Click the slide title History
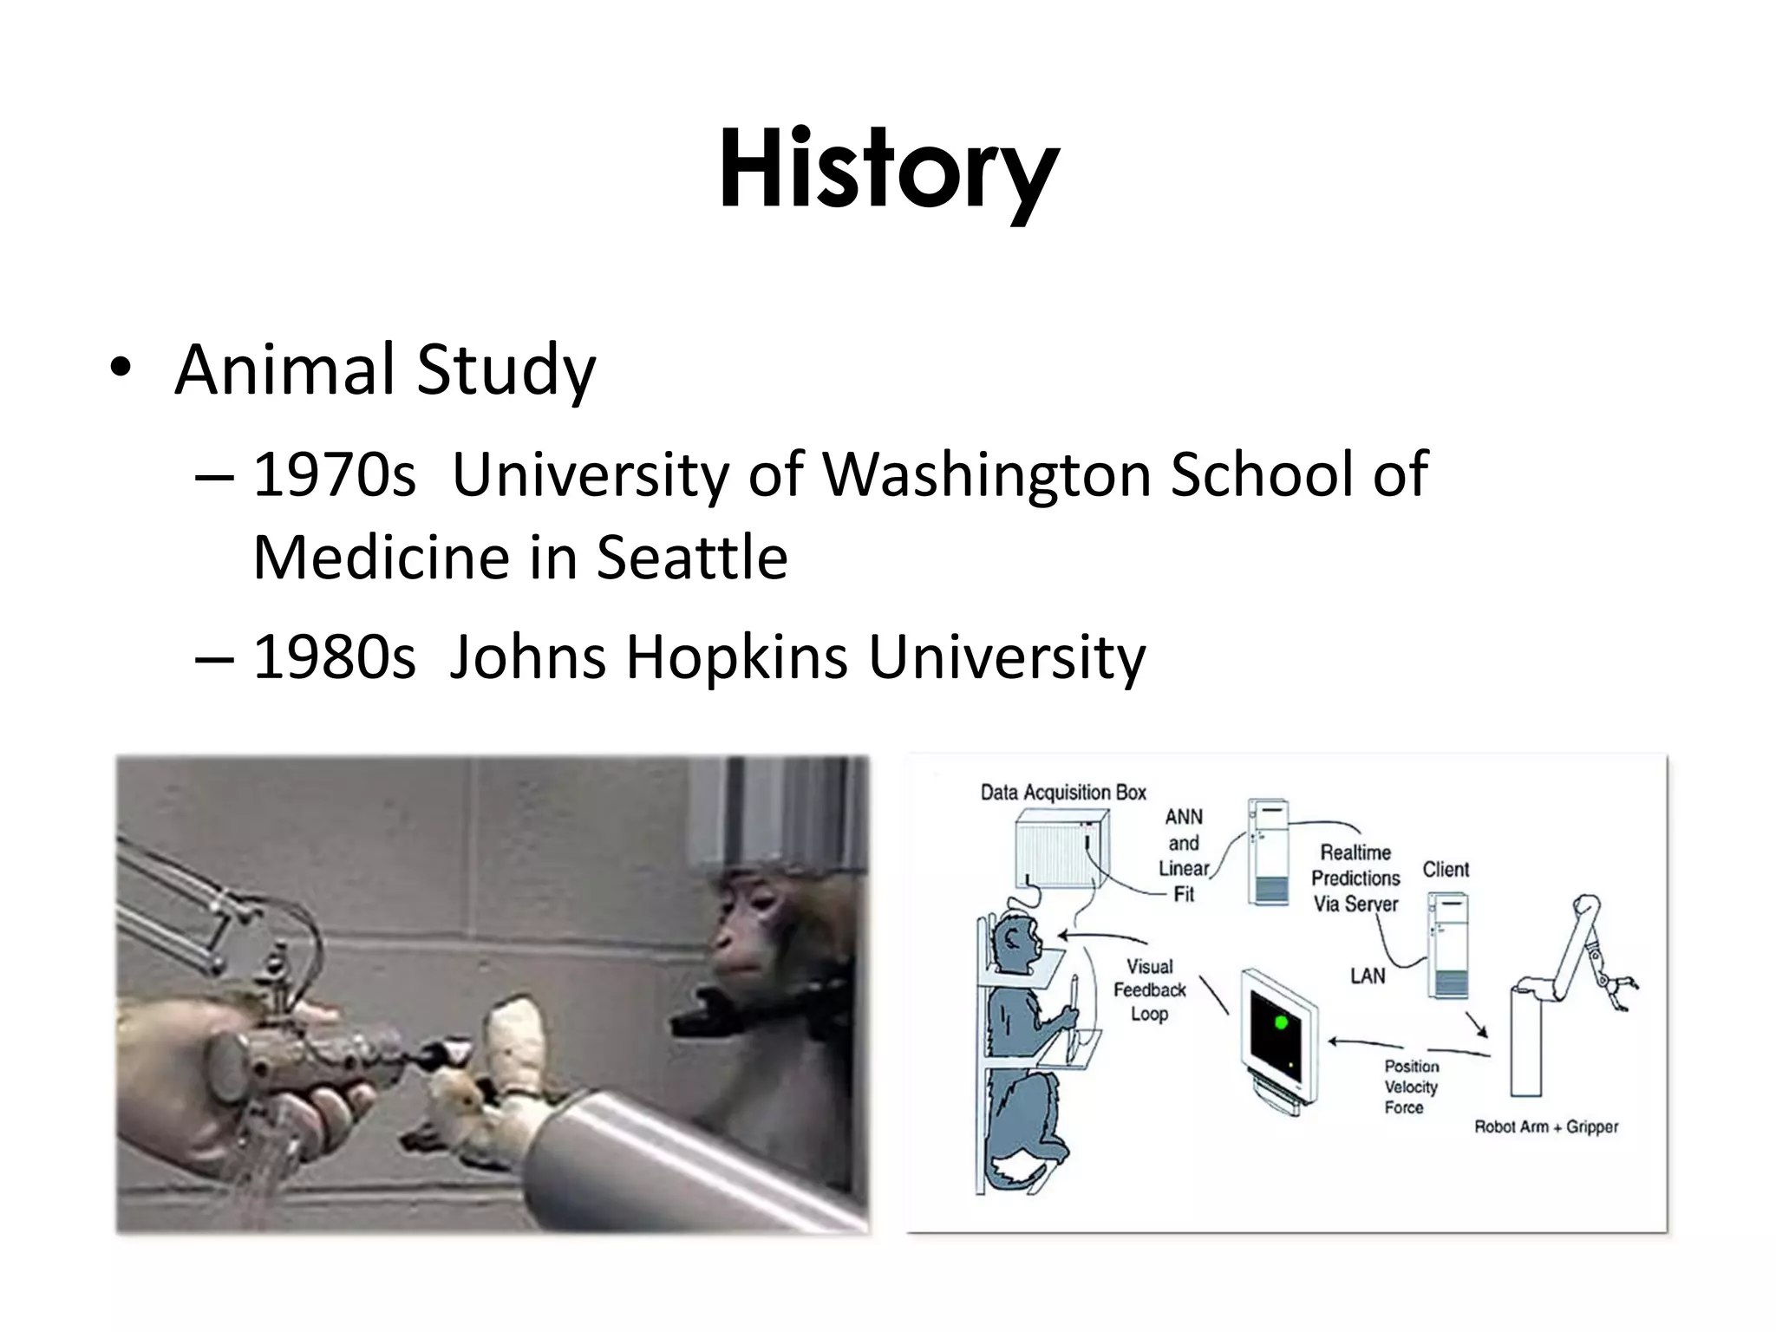point(888,169)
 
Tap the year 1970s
point(334,475)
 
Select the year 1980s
point(334,657)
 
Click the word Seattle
point(692,557)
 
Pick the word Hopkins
point(736,657)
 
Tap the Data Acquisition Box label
point(1063,792)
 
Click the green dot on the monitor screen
point(1280,1023)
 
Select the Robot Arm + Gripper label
point(1546,1126)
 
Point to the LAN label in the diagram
point(1368,976)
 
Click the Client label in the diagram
point(1446,869)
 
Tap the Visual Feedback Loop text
point(1150,989)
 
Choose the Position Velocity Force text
point(1411,1087)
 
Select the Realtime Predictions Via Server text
point(1355,878)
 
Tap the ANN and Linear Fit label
point(1184,855)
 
